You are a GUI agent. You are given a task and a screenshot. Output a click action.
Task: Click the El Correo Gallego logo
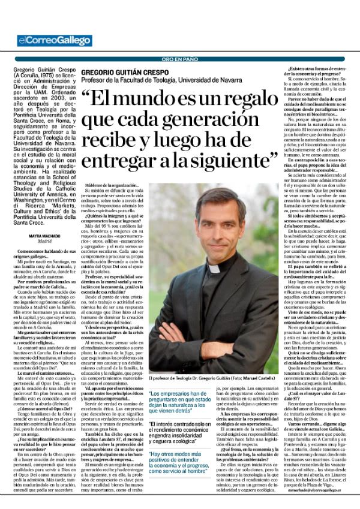coord(55,41)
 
